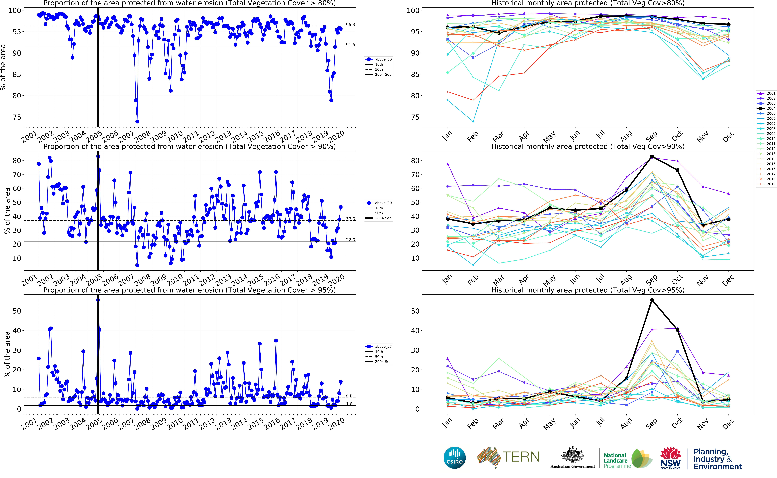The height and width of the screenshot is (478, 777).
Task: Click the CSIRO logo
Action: tap(455, 457)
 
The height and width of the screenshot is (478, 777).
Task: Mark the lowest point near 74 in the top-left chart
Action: tap(137, 121)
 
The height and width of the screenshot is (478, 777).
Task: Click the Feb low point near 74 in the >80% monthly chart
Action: tap(473, 121)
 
